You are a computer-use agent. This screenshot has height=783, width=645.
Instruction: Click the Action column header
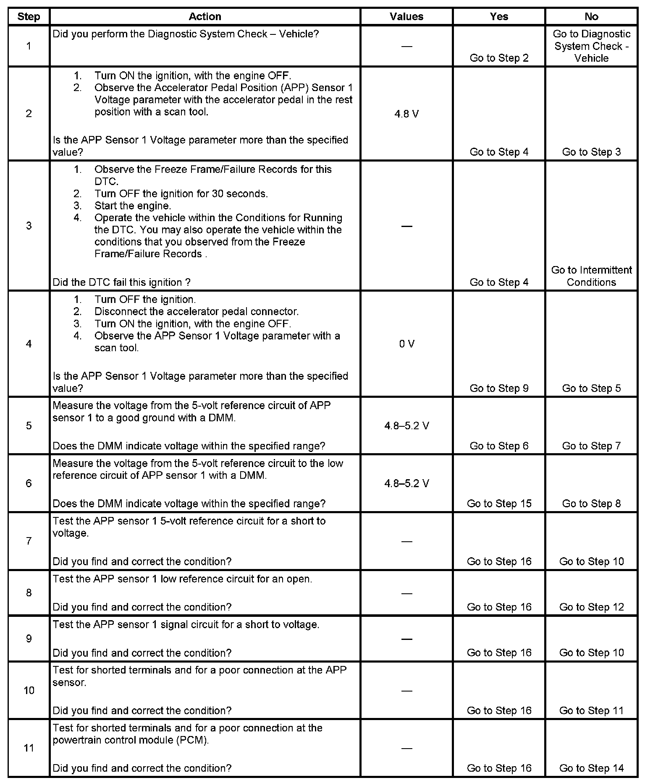(205, 16)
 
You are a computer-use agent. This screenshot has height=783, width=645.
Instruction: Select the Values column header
(406, 16)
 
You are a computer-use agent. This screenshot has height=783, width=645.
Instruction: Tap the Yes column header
(499, 16)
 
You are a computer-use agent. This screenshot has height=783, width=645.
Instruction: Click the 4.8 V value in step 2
(406, 114)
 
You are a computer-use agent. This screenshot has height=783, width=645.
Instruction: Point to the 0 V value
(406, 344)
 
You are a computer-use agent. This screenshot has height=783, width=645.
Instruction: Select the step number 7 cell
(29, 541)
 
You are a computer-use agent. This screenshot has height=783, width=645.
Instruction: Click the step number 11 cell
(29, 748)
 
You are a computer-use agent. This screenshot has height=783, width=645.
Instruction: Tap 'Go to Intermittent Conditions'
(591, 276)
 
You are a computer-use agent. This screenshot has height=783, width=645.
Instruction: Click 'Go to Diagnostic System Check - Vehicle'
(591, 46)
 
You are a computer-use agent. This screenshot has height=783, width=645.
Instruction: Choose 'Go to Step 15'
(499, 504)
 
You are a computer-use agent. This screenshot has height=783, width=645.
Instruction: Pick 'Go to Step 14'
(591, 768)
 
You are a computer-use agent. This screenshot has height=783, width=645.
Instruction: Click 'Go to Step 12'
(591, 607)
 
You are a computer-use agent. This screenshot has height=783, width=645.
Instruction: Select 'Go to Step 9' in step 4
(499, 389)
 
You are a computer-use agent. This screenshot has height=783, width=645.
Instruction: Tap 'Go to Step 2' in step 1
(499, 58)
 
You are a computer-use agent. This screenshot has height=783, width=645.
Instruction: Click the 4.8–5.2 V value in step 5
(406, 426)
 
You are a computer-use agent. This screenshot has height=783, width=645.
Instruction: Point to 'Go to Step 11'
(591, 711)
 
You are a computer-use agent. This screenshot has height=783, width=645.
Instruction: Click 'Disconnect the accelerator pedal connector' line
(196, 312)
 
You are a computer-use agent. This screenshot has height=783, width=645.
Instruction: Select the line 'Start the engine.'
(133, 206)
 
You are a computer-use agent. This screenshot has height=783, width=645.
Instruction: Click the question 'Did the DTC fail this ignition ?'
(121, 282)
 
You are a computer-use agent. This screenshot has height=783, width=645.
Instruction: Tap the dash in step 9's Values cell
(406, 639)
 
